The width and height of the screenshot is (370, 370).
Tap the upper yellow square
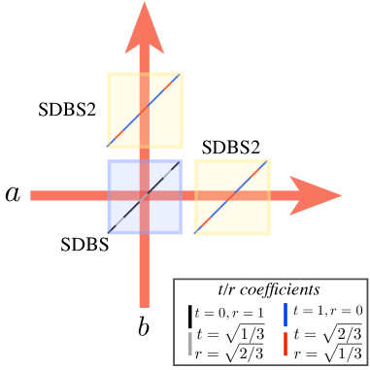pyautogui.click(x=124, y=92)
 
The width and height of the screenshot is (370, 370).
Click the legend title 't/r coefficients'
pyautogui.click(x=269, y=289)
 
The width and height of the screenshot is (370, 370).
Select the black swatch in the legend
pyautogui.click(x=190, y=316)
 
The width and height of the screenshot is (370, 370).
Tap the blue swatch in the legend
pyautogui.click(x=285, y=314)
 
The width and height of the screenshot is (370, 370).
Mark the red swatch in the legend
pyautogui.click(x=285, y=343)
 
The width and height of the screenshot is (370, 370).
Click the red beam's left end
pyautogui.click(x=35, y=195)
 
